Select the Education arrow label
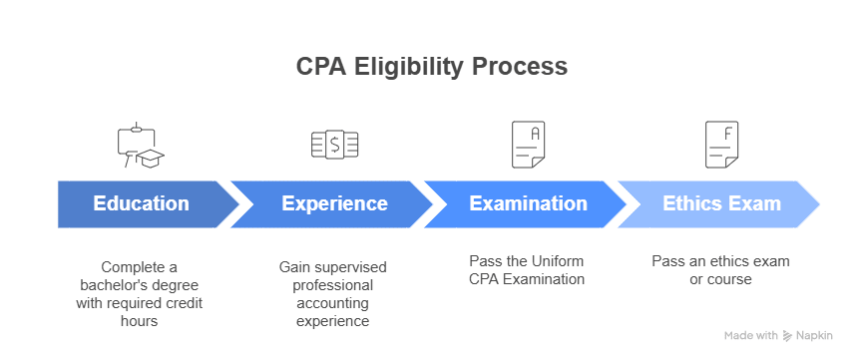pos(141,203)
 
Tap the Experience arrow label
pos(334,203)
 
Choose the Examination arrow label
pos(528,203)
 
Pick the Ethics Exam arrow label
pos(721,203)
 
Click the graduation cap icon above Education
pos(141,146)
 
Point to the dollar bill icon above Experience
pos(334,145)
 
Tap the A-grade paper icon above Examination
pos(528,145)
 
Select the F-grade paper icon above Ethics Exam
pos(721,145)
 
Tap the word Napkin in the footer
pos(817,335)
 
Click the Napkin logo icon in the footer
pos(788,335)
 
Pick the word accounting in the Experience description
pos(334,303)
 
